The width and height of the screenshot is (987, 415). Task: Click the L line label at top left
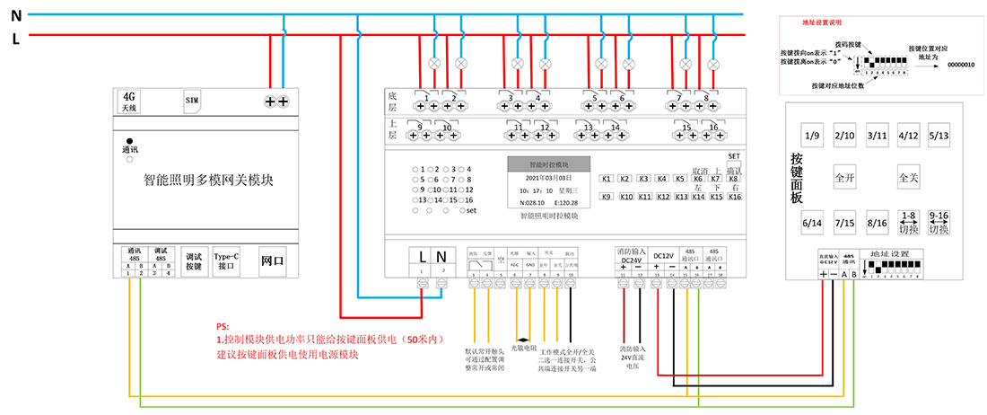coord(16,39)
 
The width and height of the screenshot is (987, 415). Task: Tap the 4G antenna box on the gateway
coord(129,101)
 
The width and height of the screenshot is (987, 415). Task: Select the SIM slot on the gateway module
coord(192,99)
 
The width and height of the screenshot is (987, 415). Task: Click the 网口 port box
coord(272,261)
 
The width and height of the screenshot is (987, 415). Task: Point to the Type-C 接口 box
coord(228,261)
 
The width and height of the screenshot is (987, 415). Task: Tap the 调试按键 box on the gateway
coord(194,261)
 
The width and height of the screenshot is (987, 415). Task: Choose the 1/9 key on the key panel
coord(813,137)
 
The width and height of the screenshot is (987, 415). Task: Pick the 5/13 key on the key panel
coord(939,137)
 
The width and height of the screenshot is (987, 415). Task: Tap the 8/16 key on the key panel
coord(877,222)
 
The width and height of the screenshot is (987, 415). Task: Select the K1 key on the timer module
coord(607,179)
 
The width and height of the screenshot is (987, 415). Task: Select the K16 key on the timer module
coord(735,197)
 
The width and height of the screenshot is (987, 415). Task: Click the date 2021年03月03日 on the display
coord(548,178)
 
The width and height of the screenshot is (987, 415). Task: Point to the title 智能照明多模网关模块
coord(208,180)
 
